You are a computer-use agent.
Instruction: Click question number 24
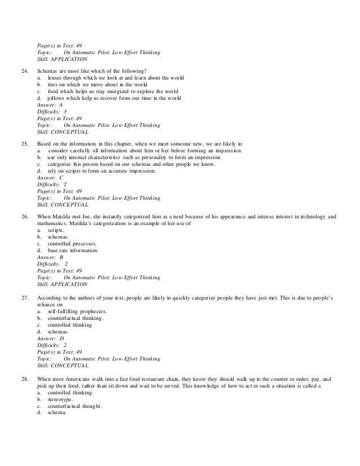[24, 70]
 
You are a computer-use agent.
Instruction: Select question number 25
[24, 144]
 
